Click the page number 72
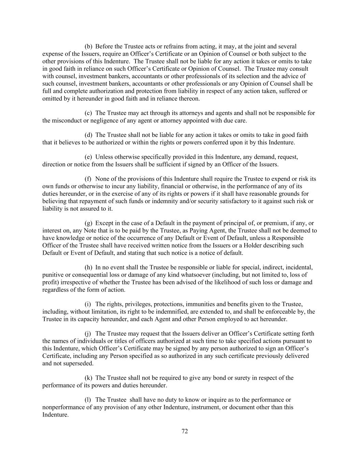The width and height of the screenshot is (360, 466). [184, 431]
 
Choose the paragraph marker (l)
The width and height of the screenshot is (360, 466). [88, 400]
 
